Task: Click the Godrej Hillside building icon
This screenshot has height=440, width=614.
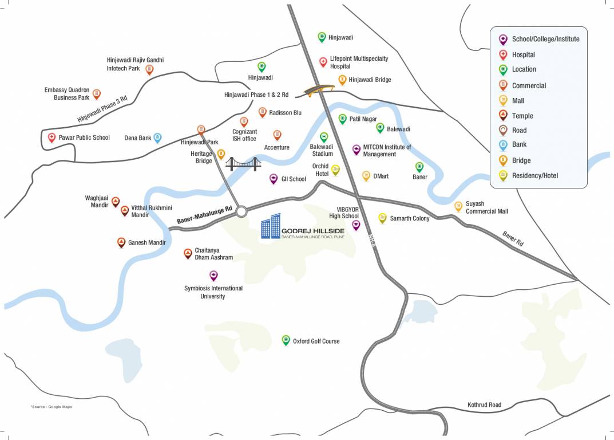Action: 270,227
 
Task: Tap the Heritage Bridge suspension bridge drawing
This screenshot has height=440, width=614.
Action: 243,164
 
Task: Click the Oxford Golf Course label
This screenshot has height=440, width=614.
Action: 316,341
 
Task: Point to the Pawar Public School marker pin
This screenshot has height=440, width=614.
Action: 52,137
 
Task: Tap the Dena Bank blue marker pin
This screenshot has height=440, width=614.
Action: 157,137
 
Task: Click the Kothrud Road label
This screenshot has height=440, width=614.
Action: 484,405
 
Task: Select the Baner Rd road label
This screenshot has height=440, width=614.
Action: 513,239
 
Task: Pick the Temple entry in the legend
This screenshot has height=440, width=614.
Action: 522,116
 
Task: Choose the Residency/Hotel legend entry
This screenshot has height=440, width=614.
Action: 534,176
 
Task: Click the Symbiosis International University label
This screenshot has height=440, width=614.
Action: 213,292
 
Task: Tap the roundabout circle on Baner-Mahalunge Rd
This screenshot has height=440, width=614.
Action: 241,211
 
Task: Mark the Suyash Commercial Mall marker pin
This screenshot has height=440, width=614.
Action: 458,206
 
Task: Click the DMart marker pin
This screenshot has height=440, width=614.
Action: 366,175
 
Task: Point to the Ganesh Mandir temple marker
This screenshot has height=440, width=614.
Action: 121,242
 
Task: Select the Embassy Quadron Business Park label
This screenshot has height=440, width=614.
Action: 67,94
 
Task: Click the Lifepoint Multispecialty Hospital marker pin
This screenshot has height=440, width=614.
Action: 323,61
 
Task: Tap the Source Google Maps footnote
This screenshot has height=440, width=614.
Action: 52,407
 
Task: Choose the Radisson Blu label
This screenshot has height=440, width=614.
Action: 285,113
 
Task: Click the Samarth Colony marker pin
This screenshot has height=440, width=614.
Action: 382,217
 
